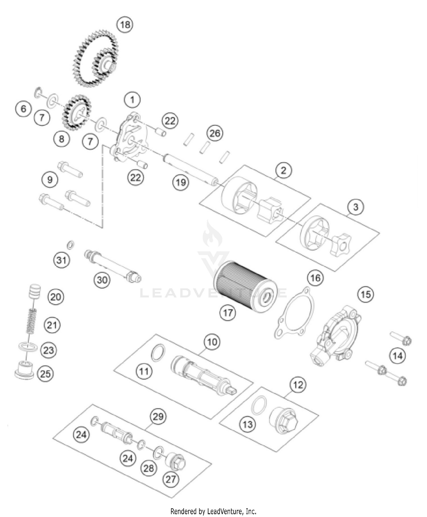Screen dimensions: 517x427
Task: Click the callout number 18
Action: pos(125,25)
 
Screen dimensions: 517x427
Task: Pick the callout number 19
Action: pos(180,182)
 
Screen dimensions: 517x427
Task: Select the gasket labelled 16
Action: pos(295,313)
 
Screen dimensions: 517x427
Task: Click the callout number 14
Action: pos(397,356)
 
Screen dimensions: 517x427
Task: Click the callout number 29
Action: pos(158,417)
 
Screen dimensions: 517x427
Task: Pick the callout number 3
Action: pos(356,207)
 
